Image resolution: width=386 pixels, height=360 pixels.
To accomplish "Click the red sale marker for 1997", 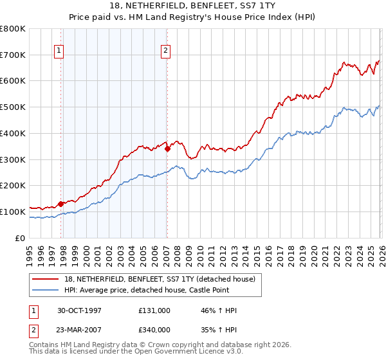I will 61,204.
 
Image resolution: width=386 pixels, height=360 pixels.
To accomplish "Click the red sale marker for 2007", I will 167,148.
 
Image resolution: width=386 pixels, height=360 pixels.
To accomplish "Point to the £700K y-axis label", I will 12,55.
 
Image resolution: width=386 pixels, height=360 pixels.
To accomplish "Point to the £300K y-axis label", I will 12,159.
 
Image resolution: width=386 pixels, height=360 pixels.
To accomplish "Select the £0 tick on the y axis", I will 21,238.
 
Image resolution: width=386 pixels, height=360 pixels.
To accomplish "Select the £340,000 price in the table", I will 154,329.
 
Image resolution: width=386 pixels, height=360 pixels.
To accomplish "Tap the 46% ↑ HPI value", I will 219,310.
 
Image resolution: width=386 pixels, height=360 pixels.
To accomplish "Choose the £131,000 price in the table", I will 154,310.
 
